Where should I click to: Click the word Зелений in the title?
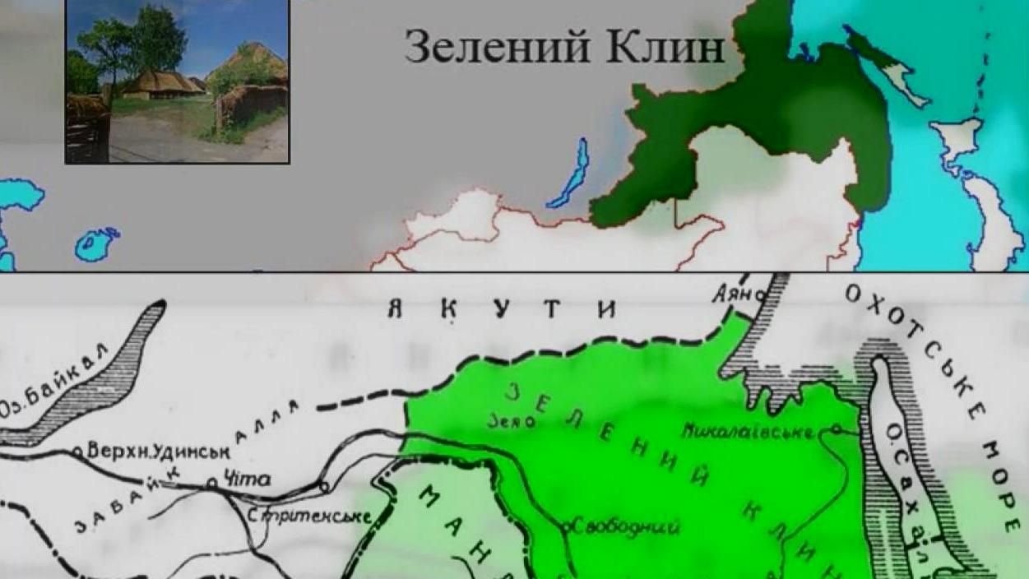498,47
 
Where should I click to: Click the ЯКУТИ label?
502,310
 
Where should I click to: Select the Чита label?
248,479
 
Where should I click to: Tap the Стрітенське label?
310,516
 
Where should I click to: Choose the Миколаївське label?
749,431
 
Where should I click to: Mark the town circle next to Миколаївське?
836,428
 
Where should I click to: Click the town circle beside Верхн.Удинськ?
77,452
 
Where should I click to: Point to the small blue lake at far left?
97,243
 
